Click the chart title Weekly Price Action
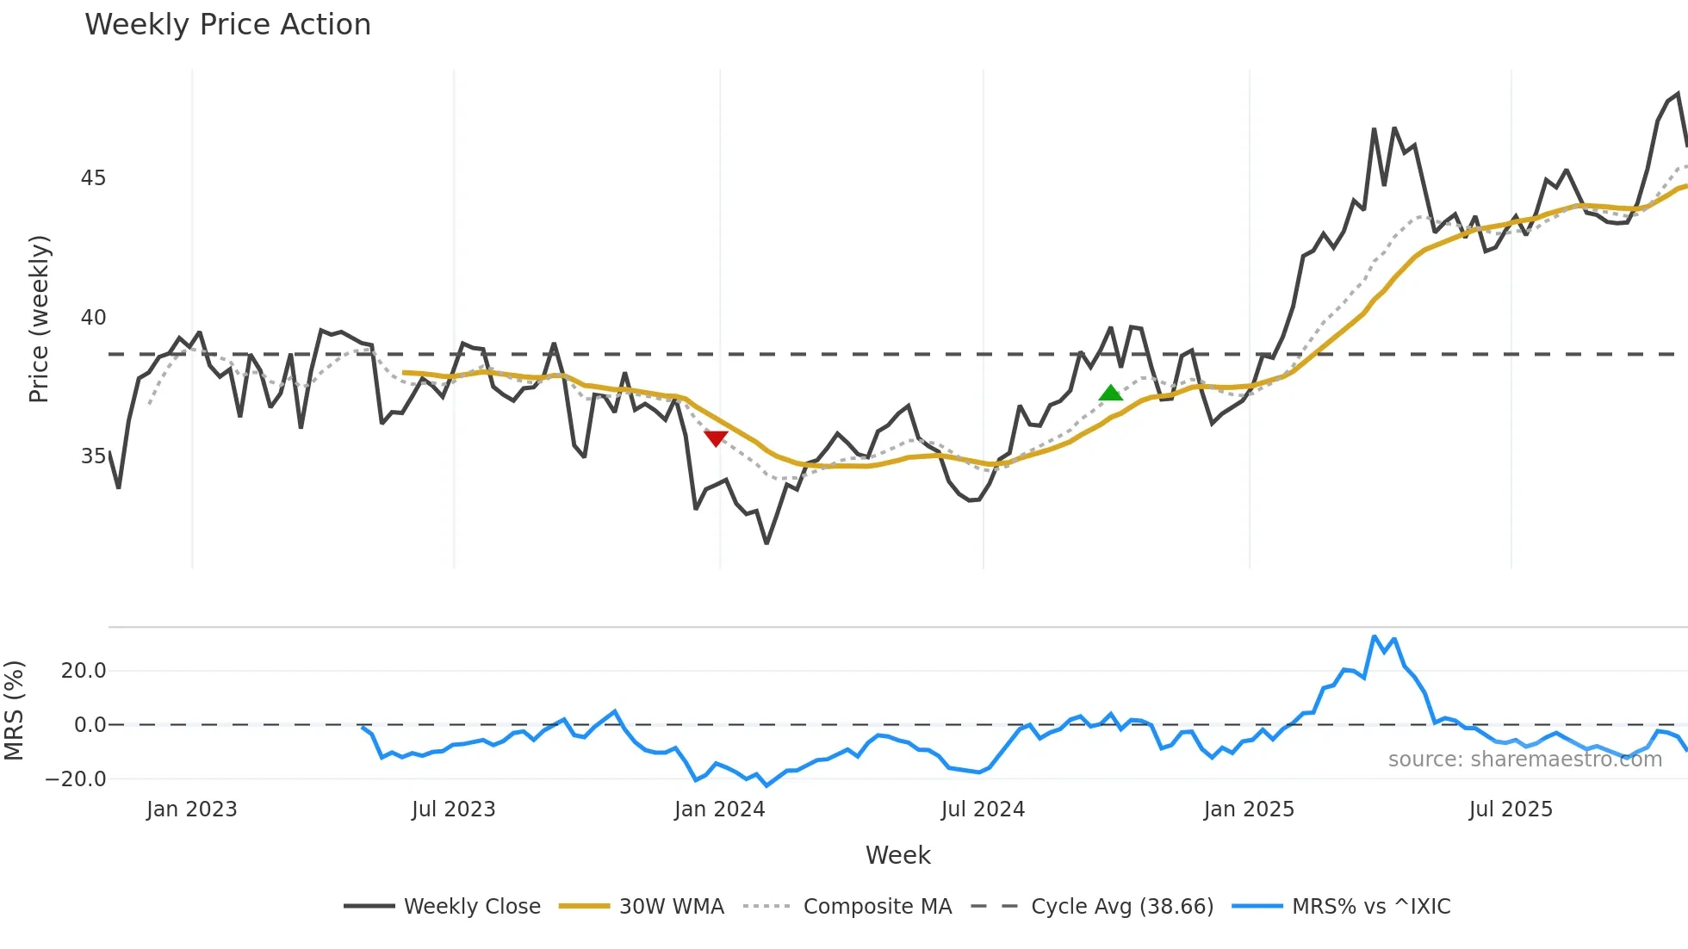(227, 25)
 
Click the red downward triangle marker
(716, 438)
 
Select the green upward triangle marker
(1111, 394)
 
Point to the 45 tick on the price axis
(93, 178)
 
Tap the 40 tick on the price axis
(93, 318)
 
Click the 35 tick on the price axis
(93, 456)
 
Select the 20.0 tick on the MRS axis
(84, 671)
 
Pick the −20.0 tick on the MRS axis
(76, 779)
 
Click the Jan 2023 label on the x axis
(191, 809)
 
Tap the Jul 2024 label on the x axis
(983, 809)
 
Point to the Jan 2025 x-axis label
(1249, 809)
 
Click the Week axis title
(897, 855)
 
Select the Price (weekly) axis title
(39, 319)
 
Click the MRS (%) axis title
(14, 710)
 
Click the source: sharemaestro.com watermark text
(1524, 760)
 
